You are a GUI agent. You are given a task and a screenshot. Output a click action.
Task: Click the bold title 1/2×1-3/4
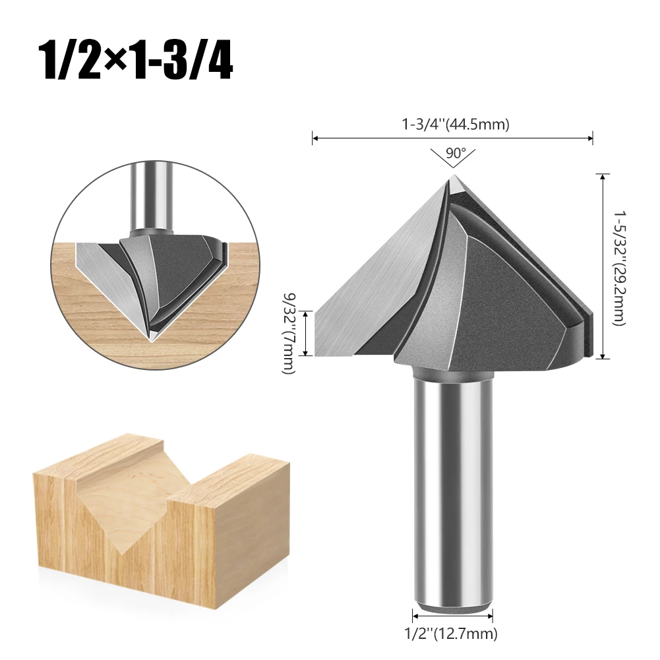pos(136,61)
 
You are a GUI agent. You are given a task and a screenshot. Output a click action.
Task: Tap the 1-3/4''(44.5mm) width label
pos(456,124)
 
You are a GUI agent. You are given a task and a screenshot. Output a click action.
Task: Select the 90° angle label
pos(456,152)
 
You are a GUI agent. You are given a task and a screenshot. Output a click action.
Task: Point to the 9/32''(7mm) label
pos(289,333)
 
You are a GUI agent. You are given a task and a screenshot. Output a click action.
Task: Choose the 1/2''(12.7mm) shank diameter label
pos(451,633)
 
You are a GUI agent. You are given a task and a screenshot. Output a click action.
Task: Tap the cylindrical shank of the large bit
pos(453,493)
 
